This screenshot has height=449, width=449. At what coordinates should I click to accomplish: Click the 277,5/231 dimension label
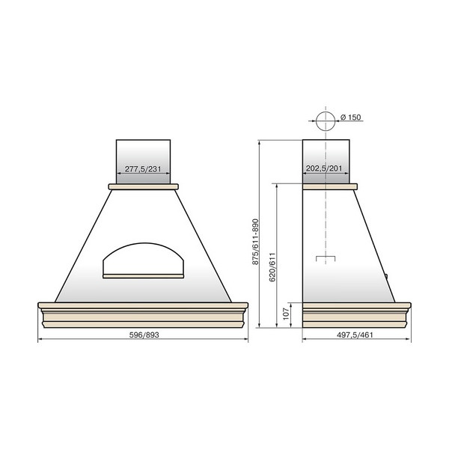click(143, 169)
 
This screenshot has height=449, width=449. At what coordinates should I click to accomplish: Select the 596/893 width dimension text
click(144, 335)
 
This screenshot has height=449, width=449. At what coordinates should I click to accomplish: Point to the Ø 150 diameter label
click(351, 117)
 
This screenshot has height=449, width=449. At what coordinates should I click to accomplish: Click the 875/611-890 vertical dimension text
click(255, 242)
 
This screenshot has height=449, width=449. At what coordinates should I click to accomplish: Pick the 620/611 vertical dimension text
click(272, 267)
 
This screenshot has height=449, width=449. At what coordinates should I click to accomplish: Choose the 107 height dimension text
click(286, 314)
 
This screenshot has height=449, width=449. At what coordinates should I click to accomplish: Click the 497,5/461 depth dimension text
click(355, 335)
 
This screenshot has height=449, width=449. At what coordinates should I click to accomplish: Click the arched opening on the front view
click(143, 243)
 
